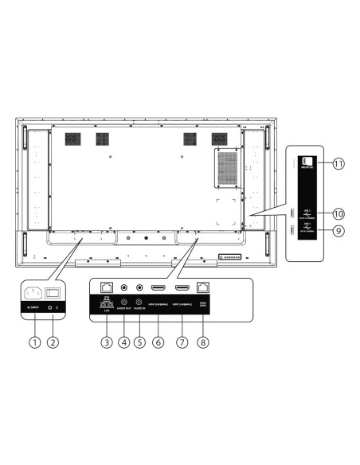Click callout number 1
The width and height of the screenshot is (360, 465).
click(33, 343)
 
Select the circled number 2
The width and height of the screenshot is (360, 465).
click(54, 343)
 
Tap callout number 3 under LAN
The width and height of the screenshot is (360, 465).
click(105, 343)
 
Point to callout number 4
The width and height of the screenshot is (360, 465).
click(123, 343)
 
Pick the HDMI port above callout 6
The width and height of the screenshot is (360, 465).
click(158, 287)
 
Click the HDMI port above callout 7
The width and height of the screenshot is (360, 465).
click(182, 287)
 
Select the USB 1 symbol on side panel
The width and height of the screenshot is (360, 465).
click(307, 213)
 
